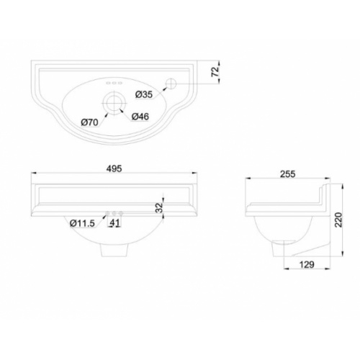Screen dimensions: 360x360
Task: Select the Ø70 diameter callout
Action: pyautogui.click(x=89, y=122)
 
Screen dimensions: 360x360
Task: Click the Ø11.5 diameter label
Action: pyautogui.click(x=84, y=223)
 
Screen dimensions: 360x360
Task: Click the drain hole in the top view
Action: pyautogui.click(x=114, y=101)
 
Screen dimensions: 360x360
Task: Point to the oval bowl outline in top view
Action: pyautogui.click(x=79, y=101)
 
